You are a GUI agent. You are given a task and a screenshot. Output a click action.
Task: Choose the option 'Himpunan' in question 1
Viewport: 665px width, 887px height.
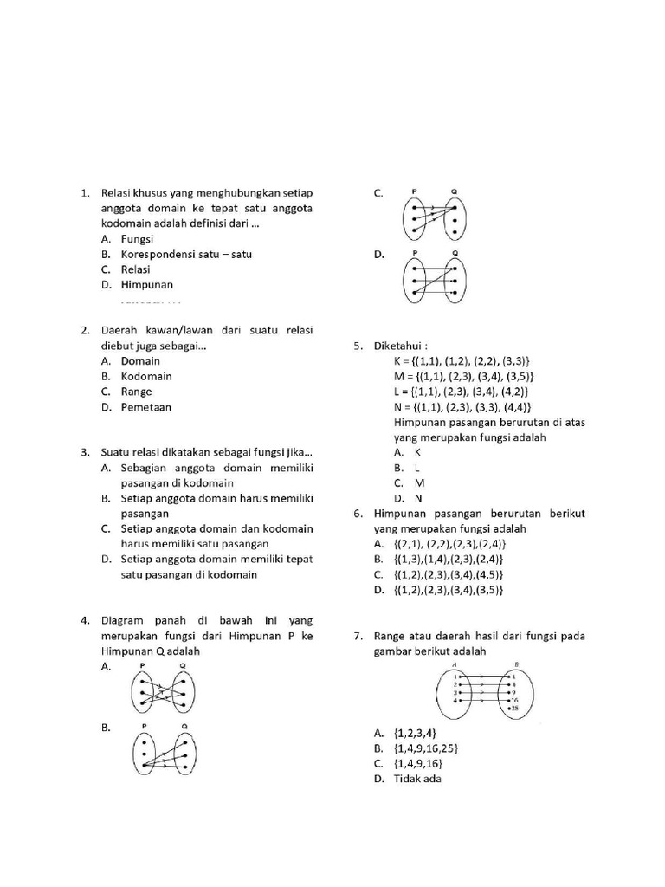[146, 284]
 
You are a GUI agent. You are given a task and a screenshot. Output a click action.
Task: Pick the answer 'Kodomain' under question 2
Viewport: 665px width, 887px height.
[146, 376]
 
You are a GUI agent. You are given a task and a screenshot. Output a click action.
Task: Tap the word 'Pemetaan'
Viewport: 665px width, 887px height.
[146, 406]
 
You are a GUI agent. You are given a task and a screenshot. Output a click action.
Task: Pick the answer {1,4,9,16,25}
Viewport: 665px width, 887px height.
[426, 748]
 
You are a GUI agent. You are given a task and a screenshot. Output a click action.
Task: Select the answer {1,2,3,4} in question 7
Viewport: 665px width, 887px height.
[414, 733]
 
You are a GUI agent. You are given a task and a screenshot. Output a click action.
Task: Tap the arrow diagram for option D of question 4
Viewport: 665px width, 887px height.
[434, 277]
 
